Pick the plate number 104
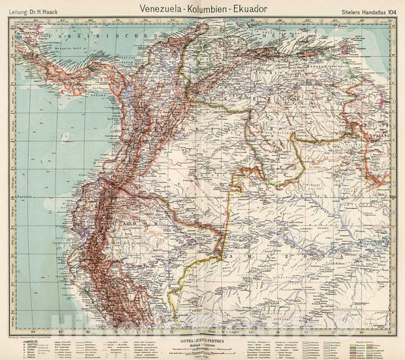click(388, 8)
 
